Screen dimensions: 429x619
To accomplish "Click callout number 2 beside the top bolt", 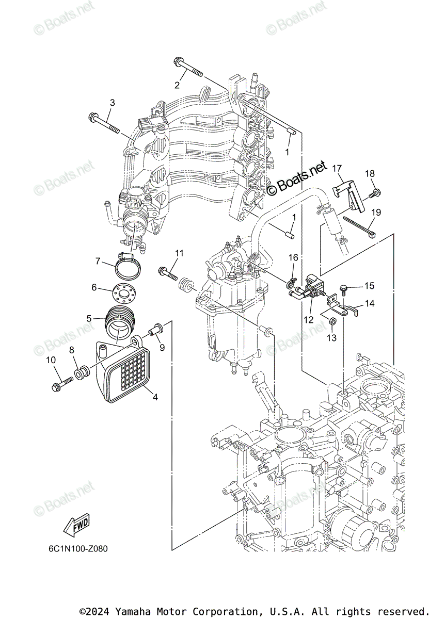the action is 177,85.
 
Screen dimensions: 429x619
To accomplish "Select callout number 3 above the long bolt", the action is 112,103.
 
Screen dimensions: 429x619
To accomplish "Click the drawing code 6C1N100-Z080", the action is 78,548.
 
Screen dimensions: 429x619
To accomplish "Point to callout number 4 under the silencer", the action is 155,397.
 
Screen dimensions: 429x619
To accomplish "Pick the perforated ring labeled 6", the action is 124,293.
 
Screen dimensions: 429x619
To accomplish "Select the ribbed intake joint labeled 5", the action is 119,323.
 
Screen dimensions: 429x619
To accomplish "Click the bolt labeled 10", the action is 62,384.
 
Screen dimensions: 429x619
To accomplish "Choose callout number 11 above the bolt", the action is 179,253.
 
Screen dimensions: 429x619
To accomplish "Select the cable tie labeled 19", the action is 359,226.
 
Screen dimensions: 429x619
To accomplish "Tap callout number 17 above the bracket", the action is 337,168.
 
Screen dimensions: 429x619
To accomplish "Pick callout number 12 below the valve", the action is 308,320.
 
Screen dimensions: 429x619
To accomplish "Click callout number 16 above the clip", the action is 293,258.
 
